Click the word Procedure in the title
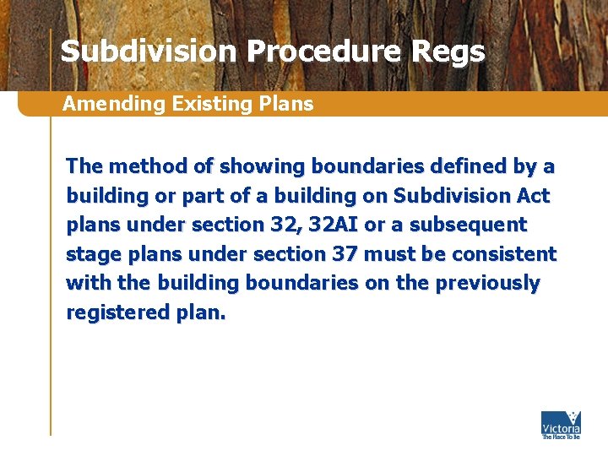tap(324, 52)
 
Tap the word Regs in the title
tap(448, 52)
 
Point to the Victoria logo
tap(561, 425)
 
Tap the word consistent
tap(507, 254)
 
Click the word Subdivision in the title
tap(149, 52)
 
